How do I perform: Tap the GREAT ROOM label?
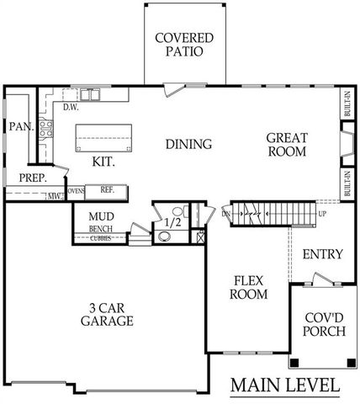tap(288, 145)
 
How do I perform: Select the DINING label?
tap(188, 144)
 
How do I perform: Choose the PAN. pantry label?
tap(20, 126)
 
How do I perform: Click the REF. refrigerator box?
tap(107, 191)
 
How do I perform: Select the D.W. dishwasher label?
tap(71, 107)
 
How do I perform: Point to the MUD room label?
tap(102, 215)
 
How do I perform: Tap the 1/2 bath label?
tap(172, 222)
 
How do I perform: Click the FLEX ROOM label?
tap(249, 288)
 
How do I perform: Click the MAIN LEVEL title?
tap(286, 386)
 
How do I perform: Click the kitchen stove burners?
tap(49, 135)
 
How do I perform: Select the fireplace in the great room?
tap(346, 146)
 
